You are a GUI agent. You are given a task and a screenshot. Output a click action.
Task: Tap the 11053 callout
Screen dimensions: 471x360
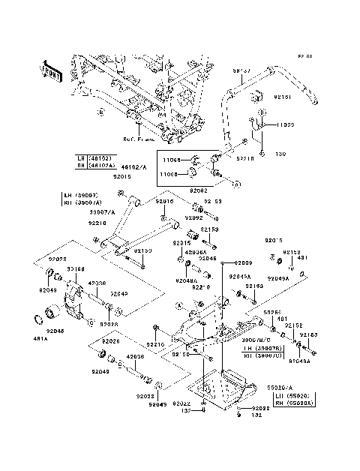pyautogui.click(x=288, y=124)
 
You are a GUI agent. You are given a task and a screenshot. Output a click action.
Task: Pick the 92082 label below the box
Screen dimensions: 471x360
pyautogui.click(x=197, y=191)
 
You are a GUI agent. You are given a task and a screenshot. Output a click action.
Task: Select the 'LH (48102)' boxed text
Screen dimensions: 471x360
pyautogui.click(x=93, y=158)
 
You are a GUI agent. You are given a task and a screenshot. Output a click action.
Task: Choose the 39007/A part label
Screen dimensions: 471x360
pyautogui.click(x=102, y=212)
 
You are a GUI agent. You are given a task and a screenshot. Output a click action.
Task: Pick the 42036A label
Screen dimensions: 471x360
pyautogui.click(x=195, y=252)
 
